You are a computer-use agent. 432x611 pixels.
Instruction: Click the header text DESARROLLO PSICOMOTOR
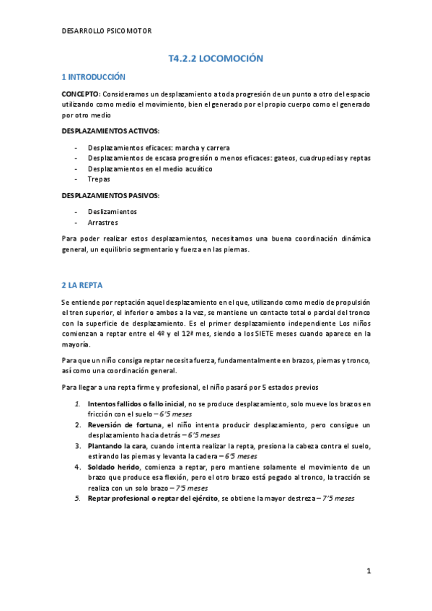(x=107, y=31)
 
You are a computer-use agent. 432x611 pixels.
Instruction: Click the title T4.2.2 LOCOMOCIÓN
(x=215, y=58)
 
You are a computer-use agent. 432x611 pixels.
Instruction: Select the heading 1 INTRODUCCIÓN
(x=94, y=77)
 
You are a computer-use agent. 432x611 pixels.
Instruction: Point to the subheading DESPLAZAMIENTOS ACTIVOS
(x=110, y=130)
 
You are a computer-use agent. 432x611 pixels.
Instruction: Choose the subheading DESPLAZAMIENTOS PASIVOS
(x=110, y=196)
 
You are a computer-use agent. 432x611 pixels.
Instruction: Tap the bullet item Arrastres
(x=103, y=223)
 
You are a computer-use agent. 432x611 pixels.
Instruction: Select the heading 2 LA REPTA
(x=83, y=285)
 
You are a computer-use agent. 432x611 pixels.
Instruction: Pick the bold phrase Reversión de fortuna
(x=121, y=425)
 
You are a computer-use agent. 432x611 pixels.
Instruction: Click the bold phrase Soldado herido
(x=112, y=467)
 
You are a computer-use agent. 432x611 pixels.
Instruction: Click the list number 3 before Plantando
(x=78, y=446)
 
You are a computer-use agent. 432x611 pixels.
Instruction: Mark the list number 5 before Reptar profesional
(x=78, y=498)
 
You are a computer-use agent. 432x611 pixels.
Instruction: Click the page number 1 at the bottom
(x=368, y=571)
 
